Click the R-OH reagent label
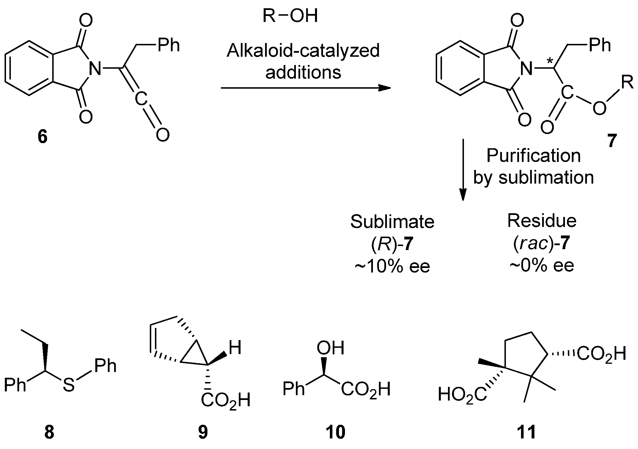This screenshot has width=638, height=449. point(290,16)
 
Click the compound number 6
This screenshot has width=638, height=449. point(43,137)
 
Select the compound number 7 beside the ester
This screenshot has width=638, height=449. point(611,141)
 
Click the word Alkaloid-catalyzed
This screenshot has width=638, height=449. point(303,51)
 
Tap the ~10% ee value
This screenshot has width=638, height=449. point(392,266)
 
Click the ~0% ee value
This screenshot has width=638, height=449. point(542,266)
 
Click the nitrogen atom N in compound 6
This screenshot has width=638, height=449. point(95,69)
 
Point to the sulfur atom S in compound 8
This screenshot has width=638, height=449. point(69,385)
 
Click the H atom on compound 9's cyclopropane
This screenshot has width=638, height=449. point(235,348)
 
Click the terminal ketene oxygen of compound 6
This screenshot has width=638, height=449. point(162,135)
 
